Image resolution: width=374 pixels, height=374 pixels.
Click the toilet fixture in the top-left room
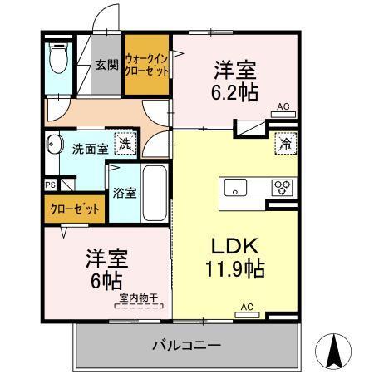(x=57, y=59)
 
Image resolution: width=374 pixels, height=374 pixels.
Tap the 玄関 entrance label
(x=105, y=65)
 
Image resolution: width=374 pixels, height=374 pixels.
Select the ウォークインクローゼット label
(x=147, y=65)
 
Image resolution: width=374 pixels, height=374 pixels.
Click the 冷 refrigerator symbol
(x=286, y=142)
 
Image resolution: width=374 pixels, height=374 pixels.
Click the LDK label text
(x=234, y=246)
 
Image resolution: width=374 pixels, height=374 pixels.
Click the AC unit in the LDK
(x=246, y=312)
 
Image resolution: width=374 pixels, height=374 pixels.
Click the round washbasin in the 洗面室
(x=56, y=143)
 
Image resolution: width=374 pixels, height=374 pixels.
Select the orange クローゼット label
(x=76, y=209)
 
